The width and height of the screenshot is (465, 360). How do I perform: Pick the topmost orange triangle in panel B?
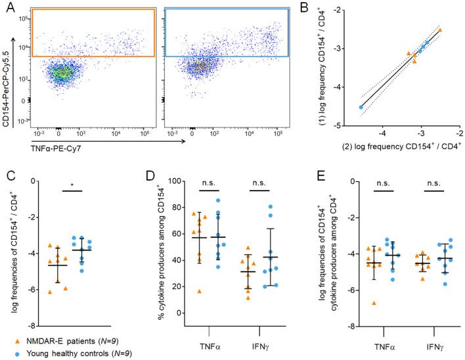(440, 30)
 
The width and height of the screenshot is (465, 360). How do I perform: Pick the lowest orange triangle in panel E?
(374, 303)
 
